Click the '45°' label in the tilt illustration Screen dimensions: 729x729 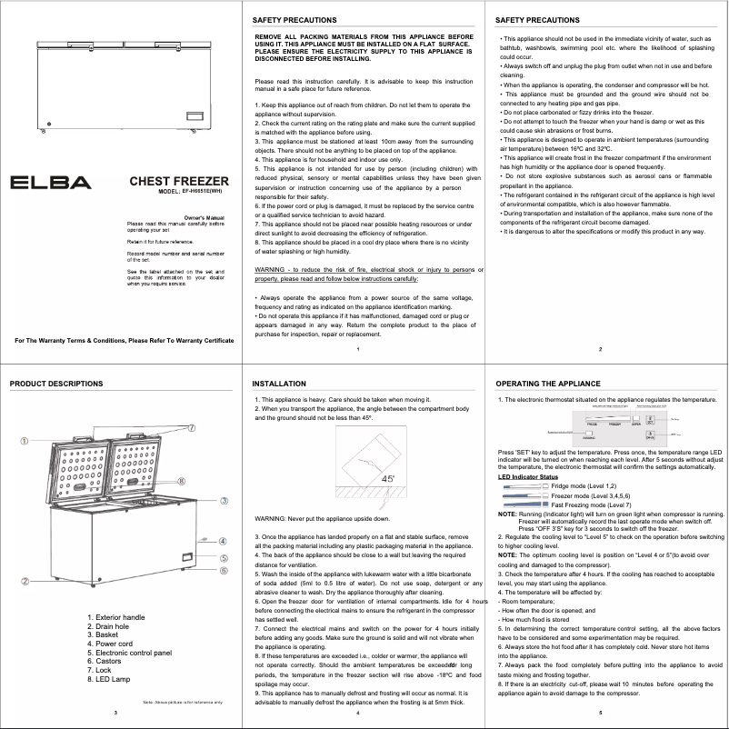point(388,478)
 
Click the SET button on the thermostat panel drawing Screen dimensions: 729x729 point(675,420)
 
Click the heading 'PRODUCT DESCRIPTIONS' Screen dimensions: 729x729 point(56,384)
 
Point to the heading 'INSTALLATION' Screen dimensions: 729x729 point(278,384)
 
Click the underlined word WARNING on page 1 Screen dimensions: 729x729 point(271,271)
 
